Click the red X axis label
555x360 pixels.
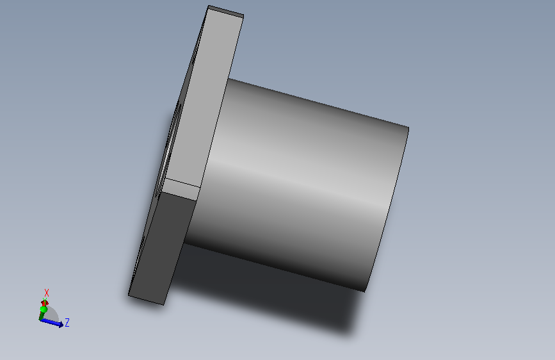[x=46, y=293]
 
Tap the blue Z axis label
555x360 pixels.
[x=67, y=322]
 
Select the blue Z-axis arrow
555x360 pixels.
[x=52, y=322]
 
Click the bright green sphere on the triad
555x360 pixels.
[x=44, y=309]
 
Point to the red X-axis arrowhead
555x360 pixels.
[x=44, y=303]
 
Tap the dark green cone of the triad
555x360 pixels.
[x=42, y=315]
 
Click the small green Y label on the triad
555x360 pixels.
[x=45, y=300]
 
